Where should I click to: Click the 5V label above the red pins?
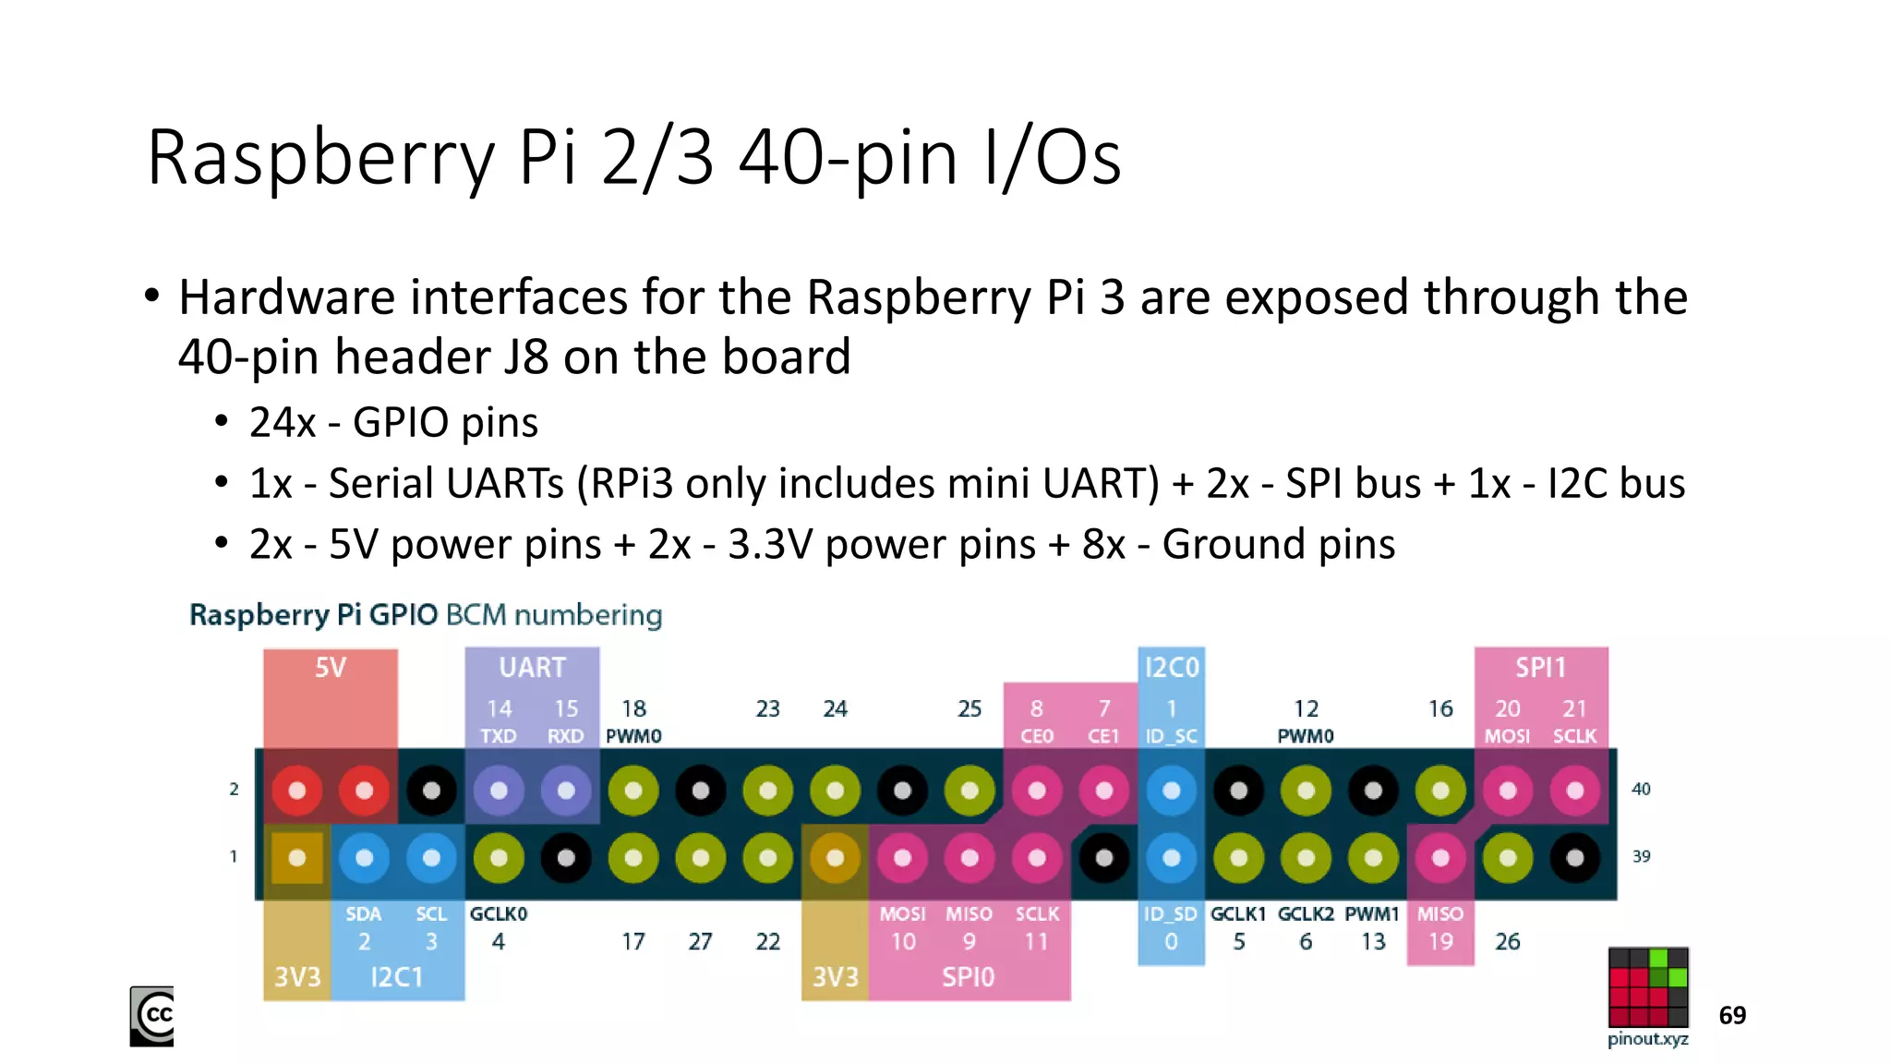click(x=330, y=668)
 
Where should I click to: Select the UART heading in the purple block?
click(x=532, y=668)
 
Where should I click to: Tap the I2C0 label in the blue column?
click(x=1171, y=668)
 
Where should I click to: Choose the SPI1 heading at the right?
click(x=1540, y=668)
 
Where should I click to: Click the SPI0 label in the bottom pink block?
click(x=968, y=977)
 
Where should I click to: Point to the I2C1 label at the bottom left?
click(x=396, y=977)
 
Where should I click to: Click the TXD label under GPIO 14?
click(x=499, y=736)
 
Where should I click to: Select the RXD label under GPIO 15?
click(x=565, y=736)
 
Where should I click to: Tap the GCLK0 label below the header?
click(x=499, y=914)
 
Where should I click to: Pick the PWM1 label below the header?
click(x=1372, y=914)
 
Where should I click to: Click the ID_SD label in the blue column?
click(x=1171, y=914)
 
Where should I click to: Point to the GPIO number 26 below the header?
click(x=1507, y=942)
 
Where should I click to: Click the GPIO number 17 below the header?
click(x=632, y=942)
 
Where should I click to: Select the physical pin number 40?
click(x=1641, y=790)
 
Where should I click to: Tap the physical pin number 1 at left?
click(x=234, y=857)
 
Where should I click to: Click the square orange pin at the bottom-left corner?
click(x=297, y=858)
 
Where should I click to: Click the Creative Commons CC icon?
click(x=152, y=1016)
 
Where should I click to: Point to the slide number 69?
click(x=1732, y=1016)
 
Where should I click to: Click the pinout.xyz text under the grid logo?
click(x=1648, y=1039)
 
